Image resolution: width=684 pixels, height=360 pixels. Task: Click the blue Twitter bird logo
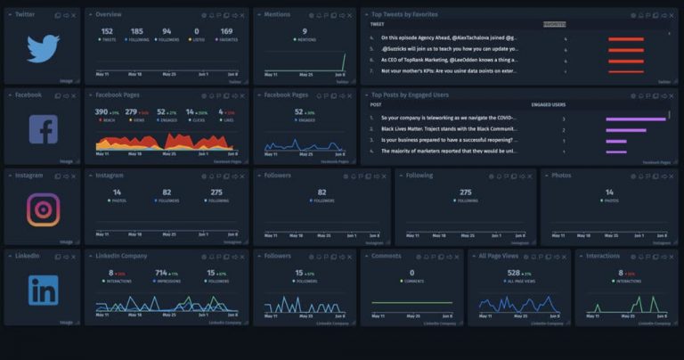(42, 49)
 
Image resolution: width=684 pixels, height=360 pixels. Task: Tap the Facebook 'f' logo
(43, 130)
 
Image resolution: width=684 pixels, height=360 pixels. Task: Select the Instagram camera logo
(43, 209)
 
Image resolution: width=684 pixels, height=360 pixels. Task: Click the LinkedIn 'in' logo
(43, 290)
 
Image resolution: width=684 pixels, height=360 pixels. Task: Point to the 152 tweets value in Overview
(107, 31)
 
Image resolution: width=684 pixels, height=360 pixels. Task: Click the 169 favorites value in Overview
(226, 31)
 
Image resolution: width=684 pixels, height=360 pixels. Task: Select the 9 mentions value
(305, 31)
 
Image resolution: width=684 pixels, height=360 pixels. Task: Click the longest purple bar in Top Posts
(636, 118)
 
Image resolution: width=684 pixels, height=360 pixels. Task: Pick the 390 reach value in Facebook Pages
(102, 112)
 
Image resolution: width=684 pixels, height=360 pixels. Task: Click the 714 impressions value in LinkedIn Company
(161, 273)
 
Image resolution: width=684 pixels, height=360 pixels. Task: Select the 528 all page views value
(513, 273)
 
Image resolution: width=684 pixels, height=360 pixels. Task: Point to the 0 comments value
(411, 273)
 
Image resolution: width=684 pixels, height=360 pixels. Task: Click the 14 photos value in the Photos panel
(609, 192)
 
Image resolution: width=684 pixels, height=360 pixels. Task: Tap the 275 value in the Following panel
(465, 192)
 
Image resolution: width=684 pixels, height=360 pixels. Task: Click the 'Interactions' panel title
(603, 256)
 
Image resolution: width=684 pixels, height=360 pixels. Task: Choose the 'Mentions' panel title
(278, 15)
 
